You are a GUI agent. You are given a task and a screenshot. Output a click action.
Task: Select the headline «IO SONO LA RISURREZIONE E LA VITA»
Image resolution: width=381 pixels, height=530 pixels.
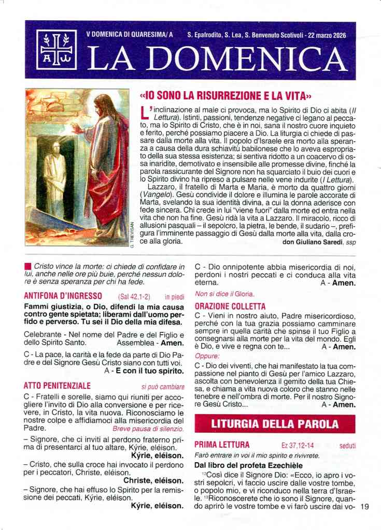coord(225,96)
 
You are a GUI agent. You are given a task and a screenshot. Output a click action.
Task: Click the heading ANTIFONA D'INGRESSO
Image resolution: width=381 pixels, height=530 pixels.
coord(63,296)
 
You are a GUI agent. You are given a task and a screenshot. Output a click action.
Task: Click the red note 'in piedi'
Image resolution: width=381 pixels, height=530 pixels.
coord(175,297)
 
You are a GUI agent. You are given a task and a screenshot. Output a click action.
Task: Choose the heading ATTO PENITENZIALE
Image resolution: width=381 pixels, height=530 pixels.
coord(58,386)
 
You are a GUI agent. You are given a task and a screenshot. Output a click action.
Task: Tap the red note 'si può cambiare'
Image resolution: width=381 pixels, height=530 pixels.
coord(163,386)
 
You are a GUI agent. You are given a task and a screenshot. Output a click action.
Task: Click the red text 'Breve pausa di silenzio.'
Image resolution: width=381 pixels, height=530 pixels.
coord(148,429)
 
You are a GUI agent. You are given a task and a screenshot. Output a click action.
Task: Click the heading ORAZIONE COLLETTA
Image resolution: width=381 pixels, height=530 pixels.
coord(230,306)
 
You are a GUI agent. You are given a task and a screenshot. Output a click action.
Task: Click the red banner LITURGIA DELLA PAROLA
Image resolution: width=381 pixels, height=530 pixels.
coord(275,424)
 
